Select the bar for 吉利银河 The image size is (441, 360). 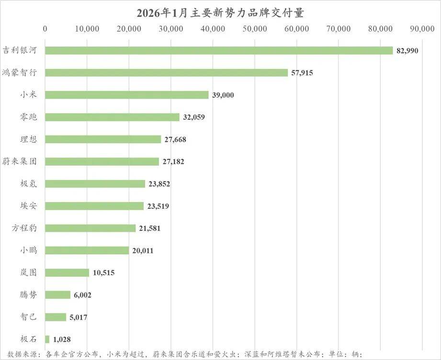(219, 50)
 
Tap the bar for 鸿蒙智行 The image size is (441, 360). (166, 73)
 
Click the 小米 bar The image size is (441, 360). (127, 95)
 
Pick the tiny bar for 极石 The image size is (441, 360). (47, 339)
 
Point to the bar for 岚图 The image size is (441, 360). (67, 272)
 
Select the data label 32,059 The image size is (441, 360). (194, 117)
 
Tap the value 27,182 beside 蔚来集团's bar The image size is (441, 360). (173, 162)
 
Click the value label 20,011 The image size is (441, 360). (143, 250)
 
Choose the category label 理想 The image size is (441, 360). (30, 139)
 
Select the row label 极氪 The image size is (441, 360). (30, 184)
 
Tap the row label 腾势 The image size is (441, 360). (30, 294)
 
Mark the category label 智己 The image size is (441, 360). (30, 317)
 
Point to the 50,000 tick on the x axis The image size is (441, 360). (255, 29)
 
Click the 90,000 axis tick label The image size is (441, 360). (422, 29)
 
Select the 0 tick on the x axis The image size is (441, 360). (45, 29)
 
